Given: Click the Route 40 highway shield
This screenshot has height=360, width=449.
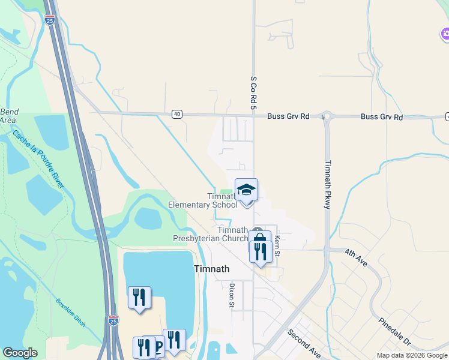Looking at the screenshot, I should (x=176, y=114).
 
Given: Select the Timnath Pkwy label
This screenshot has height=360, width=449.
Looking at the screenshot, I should (x=328, y=184).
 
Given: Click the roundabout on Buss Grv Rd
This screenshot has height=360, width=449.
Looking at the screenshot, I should (x=326, y=116).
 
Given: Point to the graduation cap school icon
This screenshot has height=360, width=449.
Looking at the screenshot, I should (x=246, y=191).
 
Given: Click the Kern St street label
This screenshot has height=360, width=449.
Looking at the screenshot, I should (x=277, y=243).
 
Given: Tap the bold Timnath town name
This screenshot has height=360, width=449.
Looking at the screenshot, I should (x=212, y=269).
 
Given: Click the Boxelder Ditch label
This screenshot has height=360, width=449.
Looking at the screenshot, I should (x=71, y=313).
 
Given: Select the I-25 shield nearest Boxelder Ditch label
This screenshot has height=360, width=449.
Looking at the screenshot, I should (x=114, y=322).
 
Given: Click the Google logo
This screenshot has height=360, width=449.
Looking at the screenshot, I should (x=20, y=353).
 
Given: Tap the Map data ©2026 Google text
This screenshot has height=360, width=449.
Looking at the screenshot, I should (x=412, y=355).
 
